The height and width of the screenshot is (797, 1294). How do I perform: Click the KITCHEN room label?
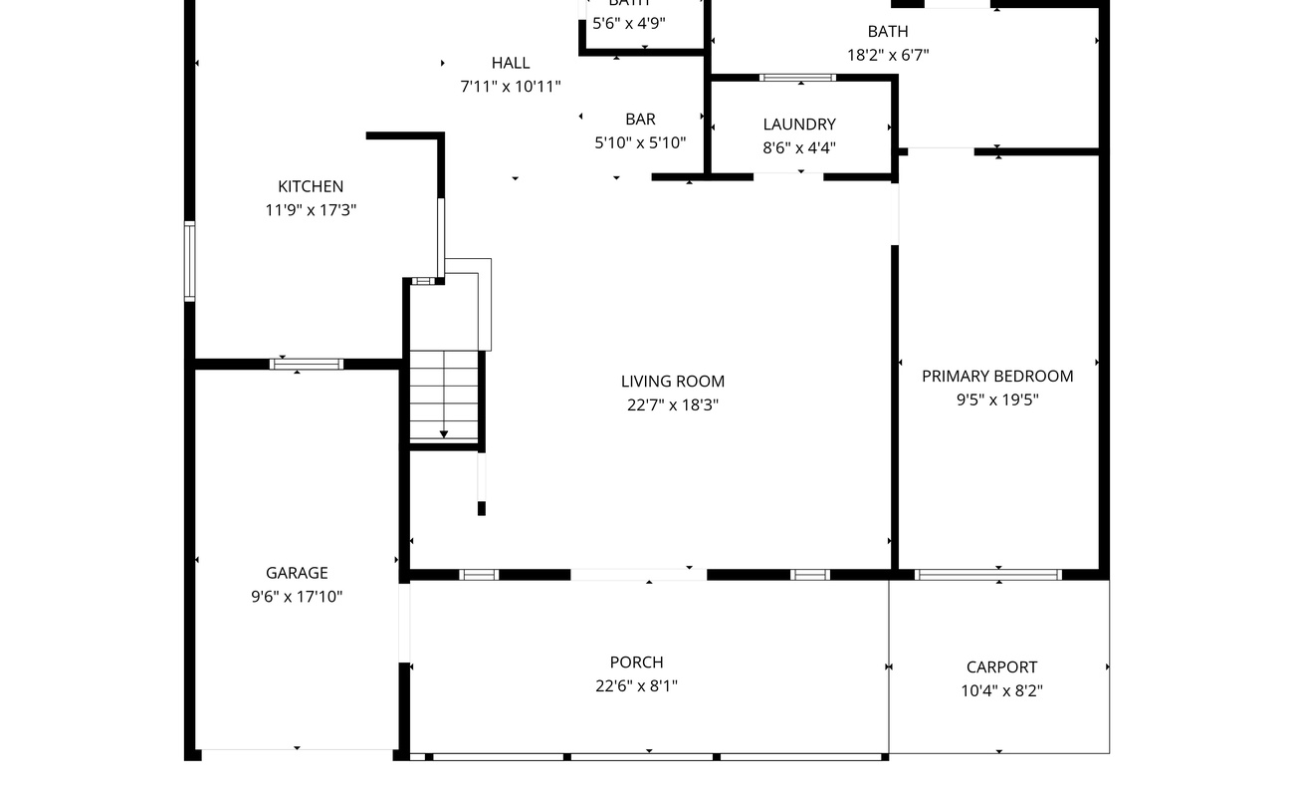(311, 186)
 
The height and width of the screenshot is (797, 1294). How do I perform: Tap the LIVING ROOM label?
(673, 381)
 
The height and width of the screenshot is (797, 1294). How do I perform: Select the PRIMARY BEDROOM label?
(997, 376)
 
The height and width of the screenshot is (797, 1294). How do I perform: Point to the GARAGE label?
(297, 573)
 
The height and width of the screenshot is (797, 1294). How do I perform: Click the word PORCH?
(636, 663)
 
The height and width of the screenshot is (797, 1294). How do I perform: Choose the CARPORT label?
(1001, 667)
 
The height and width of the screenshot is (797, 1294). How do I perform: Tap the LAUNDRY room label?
(799, 125)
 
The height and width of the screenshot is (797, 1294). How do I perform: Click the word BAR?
(640, 120)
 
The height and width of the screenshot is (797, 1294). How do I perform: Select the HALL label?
(511, 63)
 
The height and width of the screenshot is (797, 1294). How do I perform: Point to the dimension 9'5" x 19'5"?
(997, 400)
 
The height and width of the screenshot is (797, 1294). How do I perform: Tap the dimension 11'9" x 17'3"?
(311, 210)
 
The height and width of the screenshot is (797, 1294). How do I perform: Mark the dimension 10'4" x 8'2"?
(1001, 691)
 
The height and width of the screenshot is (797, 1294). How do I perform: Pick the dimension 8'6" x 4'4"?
(799, 148)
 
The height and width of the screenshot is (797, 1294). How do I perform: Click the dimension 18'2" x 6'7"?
(888, 56)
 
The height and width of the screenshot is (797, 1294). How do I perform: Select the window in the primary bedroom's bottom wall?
(987, 575)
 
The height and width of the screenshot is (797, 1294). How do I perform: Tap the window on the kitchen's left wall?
(189, 261)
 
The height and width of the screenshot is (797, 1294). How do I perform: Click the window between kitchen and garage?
(307, 365)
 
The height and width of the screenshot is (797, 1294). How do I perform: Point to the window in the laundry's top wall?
(797, 77)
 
